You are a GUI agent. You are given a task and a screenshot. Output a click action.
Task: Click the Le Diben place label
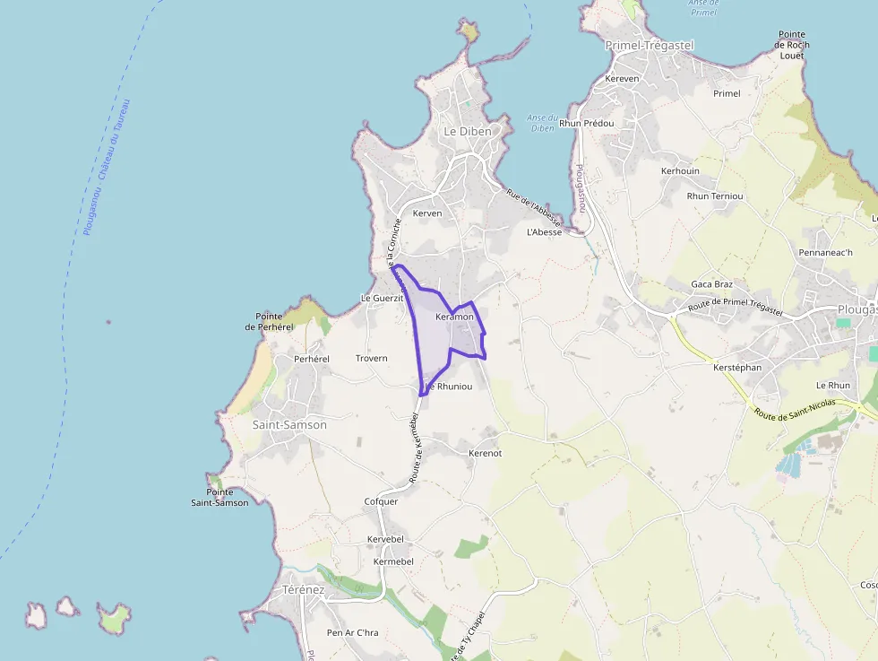coord(468,131)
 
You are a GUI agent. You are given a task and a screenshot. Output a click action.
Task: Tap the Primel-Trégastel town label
coord(650,45)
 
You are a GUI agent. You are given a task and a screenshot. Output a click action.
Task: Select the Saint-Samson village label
coord(289,424)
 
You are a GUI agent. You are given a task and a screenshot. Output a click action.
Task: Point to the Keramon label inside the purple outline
coord(454,317)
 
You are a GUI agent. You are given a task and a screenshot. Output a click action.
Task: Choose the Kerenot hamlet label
coord(486,453)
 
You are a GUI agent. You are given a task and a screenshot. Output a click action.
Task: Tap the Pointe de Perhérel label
coord(275,321)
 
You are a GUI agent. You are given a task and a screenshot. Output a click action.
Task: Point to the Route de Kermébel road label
coord(416,448)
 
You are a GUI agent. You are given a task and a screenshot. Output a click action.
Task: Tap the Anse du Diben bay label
coord(543,123)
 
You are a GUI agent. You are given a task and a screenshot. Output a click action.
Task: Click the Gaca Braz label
coord(712,283)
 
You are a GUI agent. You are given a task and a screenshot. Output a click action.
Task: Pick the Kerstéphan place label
coord(737,368)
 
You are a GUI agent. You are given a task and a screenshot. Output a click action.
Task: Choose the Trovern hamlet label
coord(372,358)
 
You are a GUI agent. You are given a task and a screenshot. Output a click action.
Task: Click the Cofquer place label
coord(381,501)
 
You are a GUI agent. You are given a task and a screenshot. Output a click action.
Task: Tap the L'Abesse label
coord(545,231)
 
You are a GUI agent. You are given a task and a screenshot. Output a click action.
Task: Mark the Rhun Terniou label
coord(715,196)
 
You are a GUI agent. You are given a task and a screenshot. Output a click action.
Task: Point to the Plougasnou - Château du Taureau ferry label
coord(107,167)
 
